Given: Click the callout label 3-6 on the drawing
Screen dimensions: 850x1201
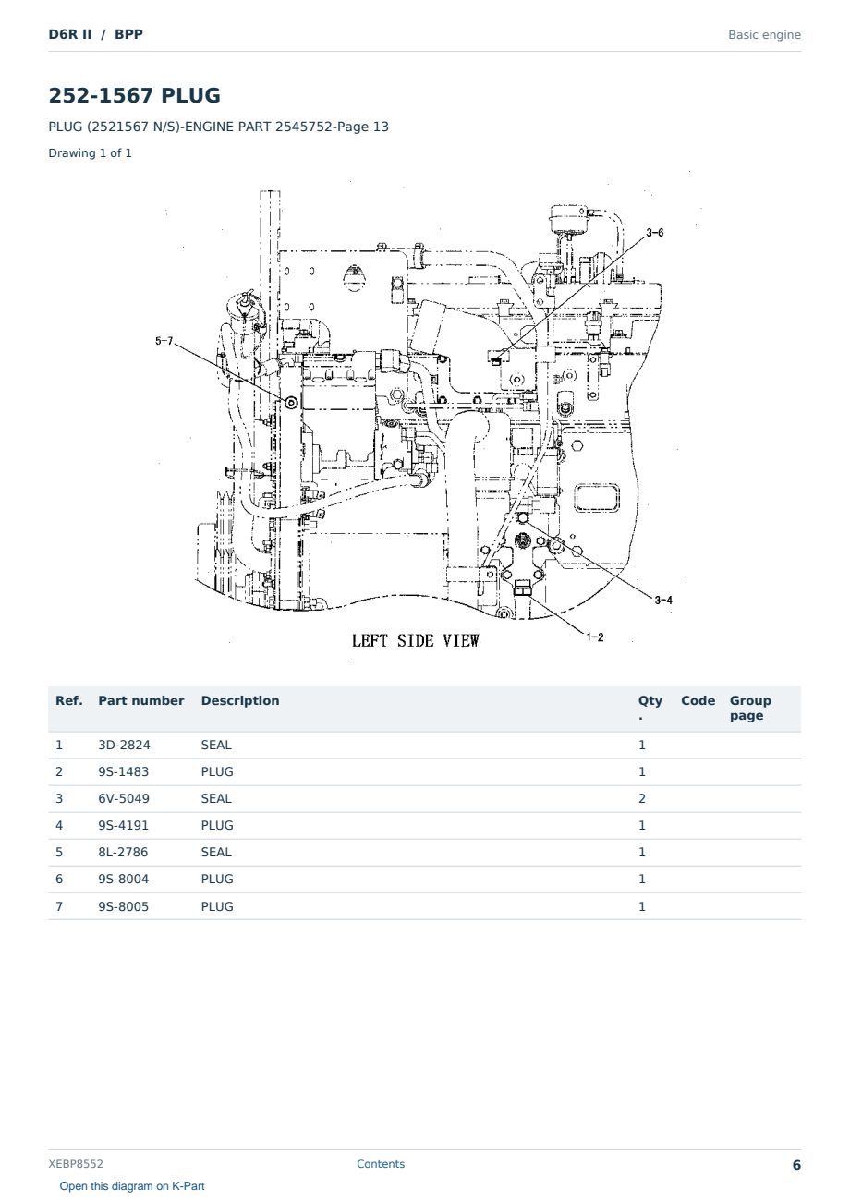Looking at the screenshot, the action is point(654,233).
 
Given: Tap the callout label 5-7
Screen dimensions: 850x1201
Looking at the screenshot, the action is point(164,341).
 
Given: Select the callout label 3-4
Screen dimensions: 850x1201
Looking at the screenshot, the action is point(663,600).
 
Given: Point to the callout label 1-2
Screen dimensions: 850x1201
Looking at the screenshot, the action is point(595,637).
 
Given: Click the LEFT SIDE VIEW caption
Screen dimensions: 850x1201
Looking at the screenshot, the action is point(416,641).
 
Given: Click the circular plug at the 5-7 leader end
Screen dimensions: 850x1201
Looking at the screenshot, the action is point(291,402).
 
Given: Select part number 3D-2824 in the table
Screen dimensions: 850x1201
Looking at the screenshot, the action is point(124,745).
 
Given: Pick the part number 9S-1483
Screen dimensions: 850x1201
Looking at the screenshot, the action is point(124,771).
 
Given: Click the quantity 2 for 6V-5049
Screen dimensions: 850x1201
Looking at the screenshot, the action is point(642,798).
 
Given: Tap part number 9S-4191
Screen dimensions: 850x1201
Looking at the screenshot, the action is point(124,825).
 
